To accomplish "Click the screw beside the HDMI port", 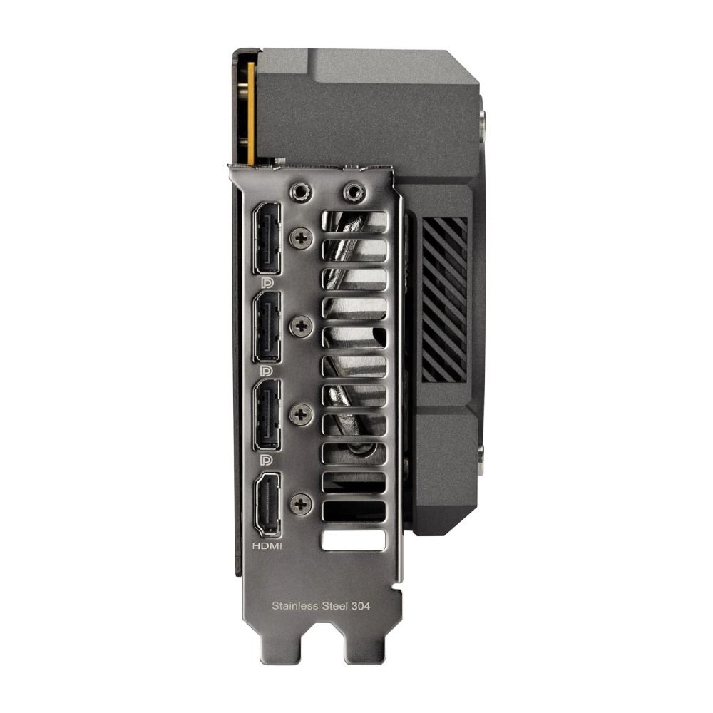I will click(x=302, y=504).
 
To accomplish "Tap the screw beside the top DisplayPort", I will click(x=301, y=237).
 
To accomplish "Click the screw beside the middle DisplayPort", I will click(x=301, y=327).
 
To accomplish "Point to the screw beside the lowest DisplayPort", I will click(x=301, y=414).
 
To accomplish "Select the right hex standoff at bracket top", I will click(x=353, y=192).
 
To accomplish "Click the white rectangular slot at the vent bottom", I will click(x=353, y=540).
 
